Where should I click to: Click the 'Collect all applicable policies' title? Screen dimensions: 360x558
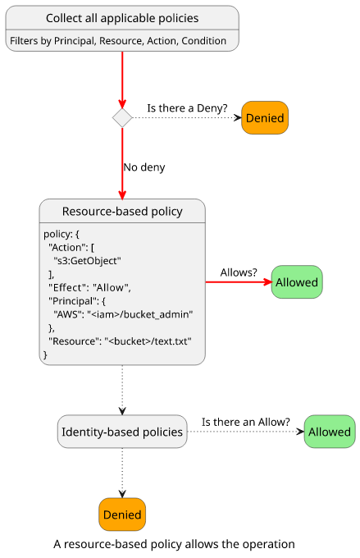tap(122, 18)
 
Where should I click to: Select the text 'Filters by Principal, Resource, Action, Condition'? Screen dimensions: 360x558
tap(118, 41)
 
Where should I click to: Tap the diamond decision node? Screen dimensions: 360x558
tap(122, 118)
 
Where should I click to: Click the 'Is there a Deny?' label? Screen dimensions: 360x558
tap(187, 107)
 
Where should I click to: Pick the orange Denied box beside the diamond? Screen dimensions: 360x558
tap(265, 118)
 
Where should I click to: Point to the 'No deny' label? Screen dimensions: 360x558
tap(144, 167)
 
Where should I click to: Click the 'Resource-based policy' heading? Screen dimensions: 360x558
tap(122, 212)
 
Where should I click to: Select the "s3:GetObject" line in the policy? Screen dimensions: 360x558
tap(87, 261)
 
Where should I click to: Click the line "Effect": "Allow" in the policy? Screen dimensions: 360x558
tap(89, 287)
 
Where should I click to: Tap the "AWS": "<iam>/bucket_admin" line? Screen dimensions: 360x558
tap(123, 314)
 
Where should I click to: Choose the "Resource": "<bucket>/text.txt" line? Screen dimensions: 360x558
tap(120, 341)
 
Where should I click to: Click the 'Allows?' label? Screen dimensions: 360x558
tap(239, 272)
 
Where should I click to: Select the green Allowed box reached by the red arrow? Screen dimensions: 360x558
tap(297, 281)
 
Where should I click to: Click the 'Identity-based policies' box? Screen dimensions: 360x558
tap(122, 432)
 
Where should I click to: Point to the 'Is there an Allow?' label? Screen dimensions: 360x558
tap(246, 422)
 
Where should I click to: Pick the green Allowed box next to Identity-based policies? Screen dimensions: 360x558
tap(330, 432)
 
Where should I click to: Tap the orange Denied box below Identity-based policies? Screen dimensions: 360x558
tap(122, 515)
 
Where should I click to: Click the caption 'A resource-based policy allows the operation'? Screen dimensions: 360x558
tap(174, 544)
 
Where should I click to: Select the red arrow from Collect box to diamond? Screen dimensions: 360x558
tap(122, 80)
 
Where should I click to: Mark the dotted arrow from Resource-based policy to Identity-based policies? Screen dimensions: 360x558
tap(122, 390)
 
